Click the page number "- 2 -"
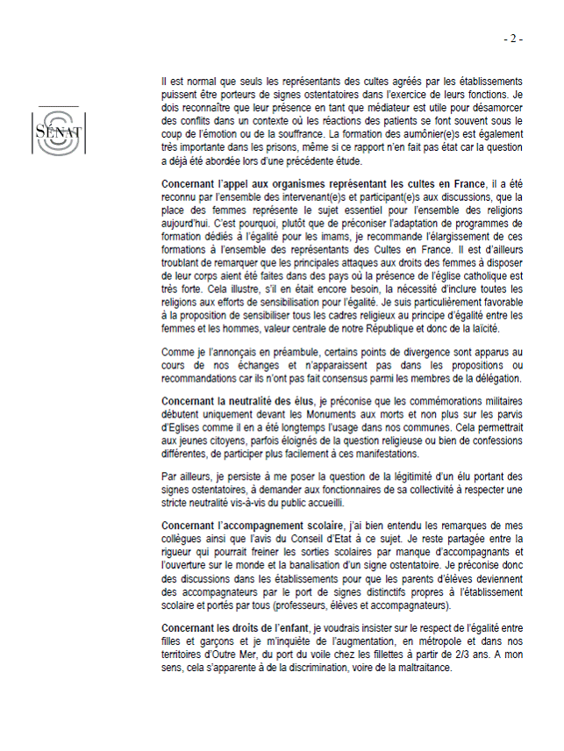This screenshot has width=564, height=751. [x=513, y=39]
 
